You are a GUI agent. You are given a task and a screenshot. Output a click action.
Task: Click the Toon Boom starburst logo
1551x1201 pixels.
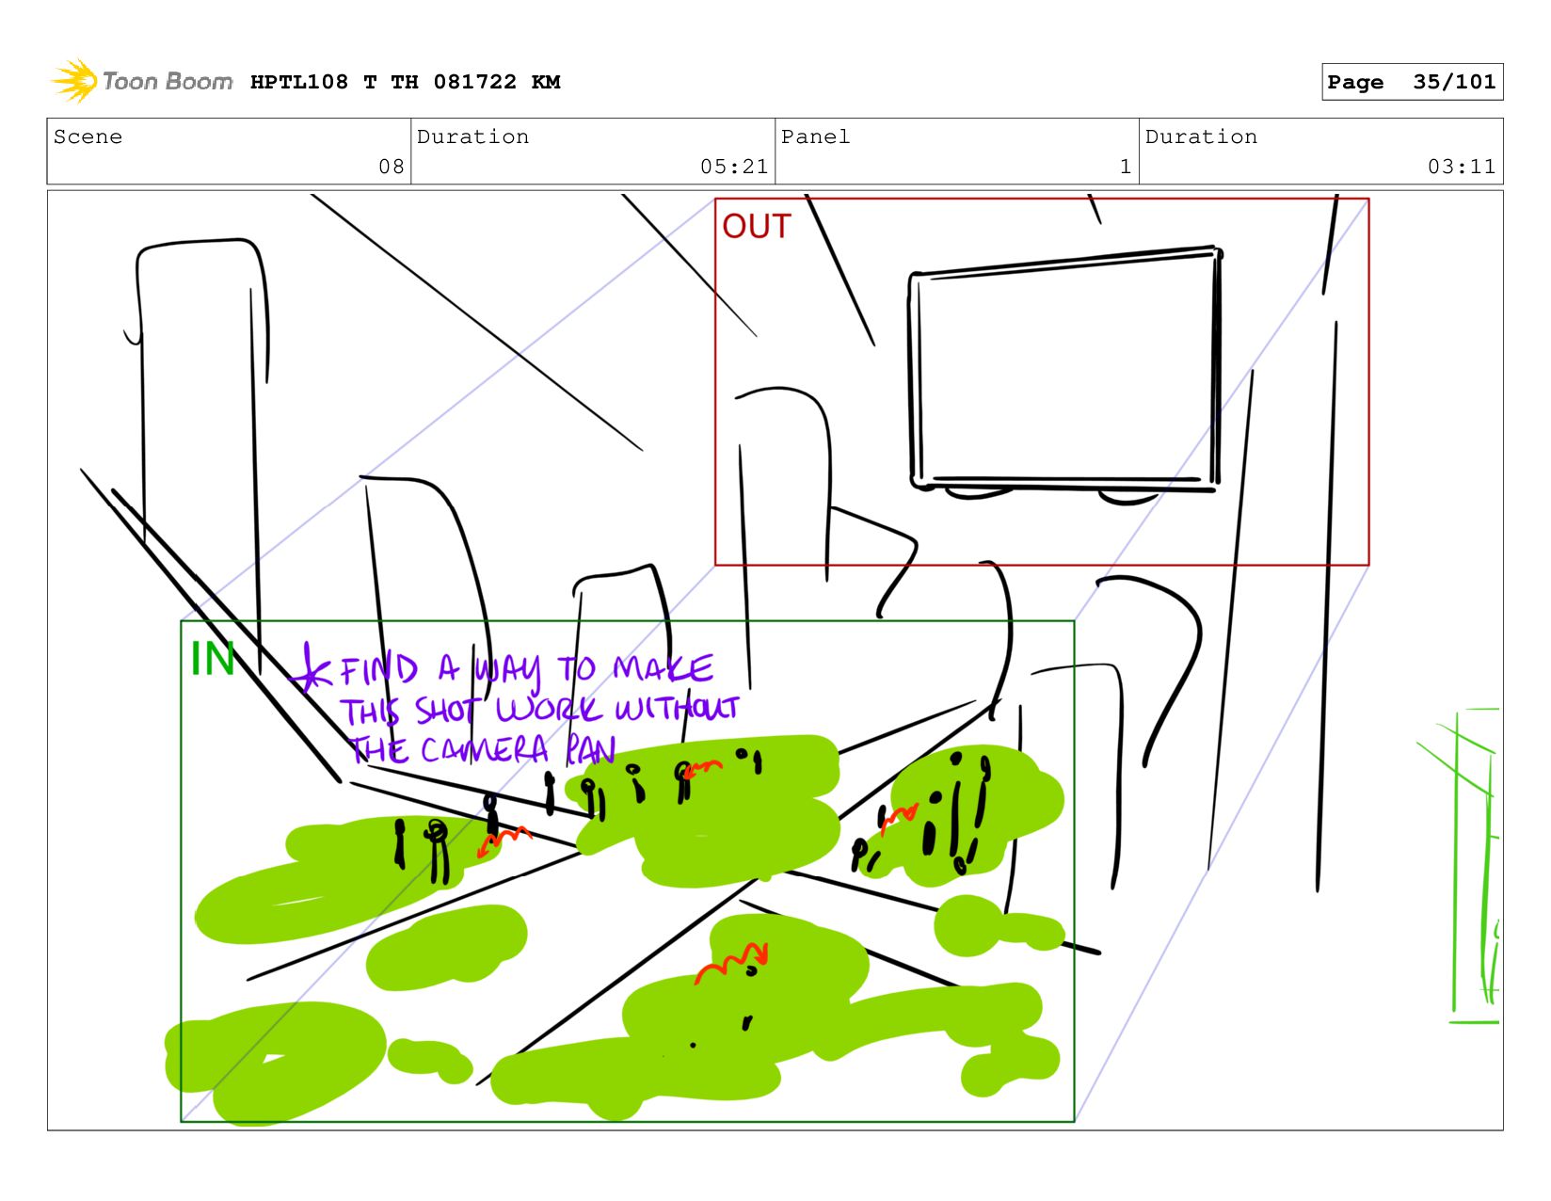point(74,81)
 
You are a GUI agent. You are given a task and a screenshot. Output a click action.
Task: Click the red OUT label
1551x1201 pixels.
point(756,226)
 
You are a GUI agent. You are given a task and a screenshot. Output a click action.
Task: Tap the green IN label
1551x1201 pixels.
point(212,658)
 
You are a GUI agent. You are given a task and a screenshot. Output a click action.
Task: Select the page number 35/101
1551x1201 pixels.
point(1454,81)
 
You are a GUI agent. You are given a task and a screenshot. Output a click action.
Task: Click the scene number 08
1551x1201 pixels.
point(392,167)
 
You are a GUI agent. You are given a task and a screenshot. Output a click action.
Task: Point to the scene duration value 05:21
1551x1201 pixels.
point(734,167)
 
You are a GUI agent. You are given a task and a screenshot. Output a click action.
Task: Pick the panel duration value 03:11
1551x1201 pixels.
point(1461,167)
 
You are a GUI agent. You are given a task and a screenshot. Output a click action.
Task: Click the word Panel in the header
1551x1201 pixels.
point(815,136)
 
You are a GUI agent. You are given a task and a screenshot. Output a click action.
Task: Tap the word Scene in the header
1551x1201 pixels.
point(88,136)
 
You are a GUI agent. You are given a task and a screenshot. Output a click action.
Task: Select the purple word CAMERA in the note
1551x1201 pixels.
point(485,749)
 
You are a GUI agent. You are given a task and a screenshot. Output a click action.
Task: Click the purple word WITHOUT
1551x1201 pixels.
point(677,708)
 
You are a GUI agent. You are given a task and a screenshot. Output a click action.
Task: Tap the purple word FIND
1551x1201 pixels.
point(378,669)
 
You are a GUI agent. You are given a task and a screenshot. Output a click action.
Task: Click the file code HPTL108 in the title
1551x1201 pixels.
point(299,81)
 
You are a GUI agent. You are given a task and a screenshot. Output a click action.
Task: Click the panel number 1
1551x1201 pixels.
point(1126,167)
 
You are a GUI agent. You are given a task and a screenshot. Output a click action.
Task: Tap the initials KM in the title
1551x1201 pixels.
point(546,81)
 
